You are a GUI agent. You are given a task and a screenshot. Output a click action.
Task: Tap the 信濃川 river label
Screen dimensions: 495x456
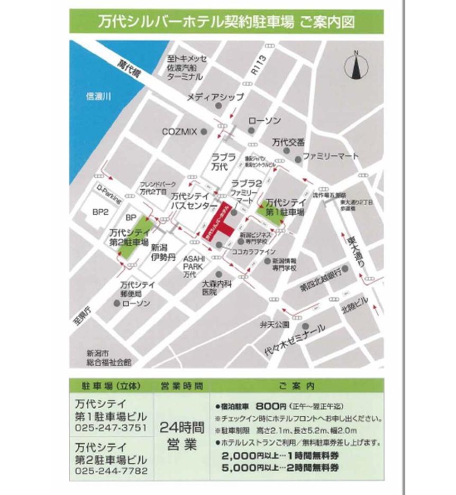[x=101, y=96]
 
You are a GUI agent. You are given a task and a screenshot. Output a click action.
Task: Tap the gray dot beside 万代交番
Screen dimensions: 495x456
[x=286, y=151]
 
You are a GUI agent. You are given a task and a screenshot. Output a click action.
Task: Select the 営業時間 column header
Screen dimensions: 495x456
[x=181, y=386]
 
